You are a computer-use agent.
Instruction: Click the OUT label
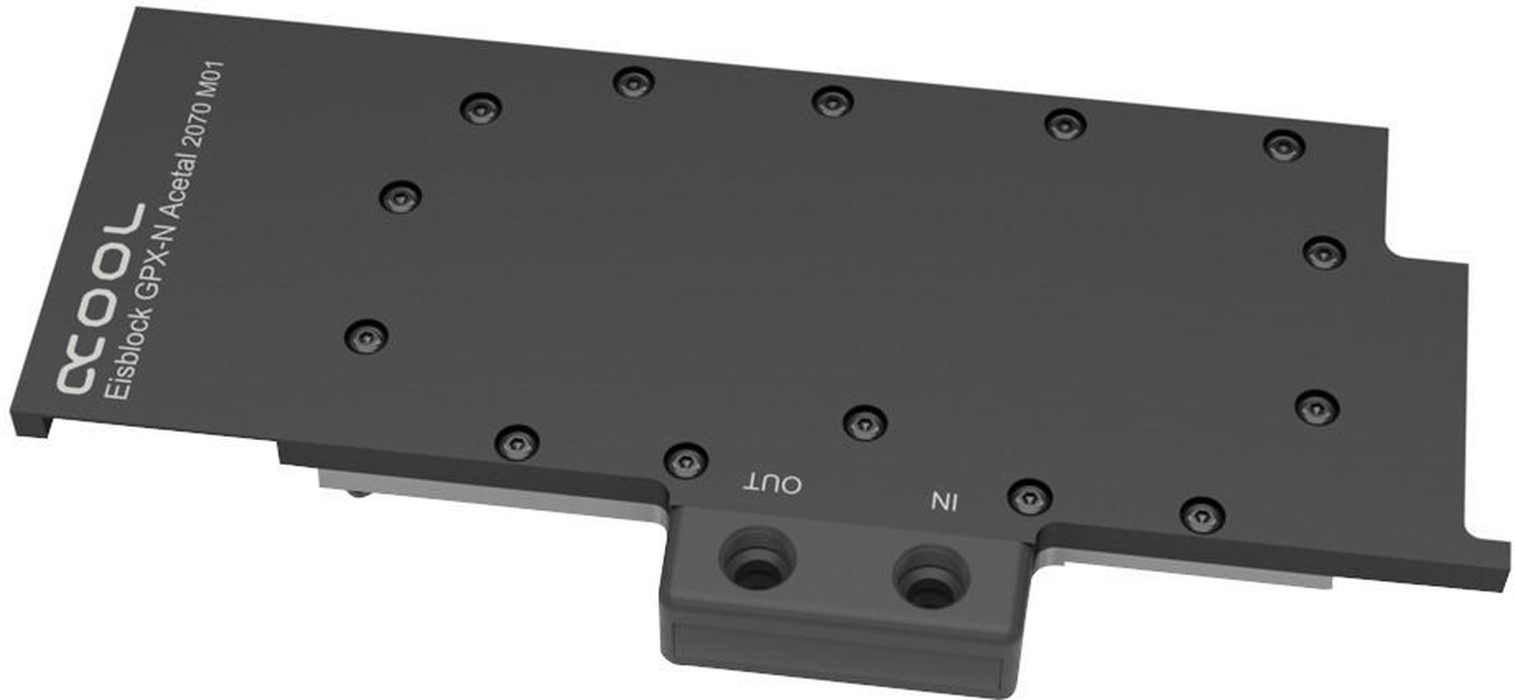773,483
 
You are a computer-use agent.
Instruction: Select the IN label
944,501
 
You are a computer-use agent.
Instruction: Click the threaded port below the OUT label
757,561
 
